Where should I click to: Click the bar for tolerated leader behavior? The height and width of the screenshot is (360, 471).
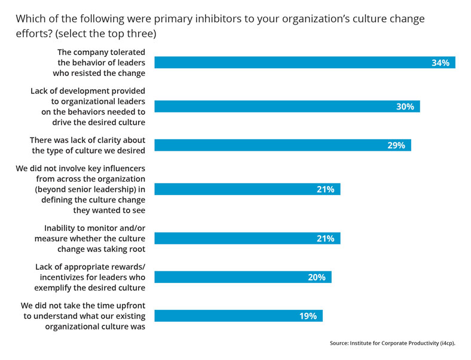coord(299,62)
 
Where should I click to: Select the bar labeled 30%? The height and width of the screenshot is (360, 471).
coord(287,106)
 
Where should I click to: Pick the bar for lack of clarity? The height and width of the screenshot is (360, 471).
coord(281,145)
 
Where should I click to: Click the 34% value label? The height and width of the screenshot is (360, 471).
coord(440,62)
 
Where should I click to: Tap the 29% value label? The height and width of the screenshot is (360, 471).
coord(396,145)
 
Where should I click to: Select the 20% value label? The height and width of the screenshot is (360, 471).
coord(316,277)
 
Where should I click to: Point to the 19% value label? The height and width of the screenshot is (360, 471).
coord(308,316)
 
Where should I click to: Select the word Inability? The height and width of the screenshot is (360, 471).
coord(63,228)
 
